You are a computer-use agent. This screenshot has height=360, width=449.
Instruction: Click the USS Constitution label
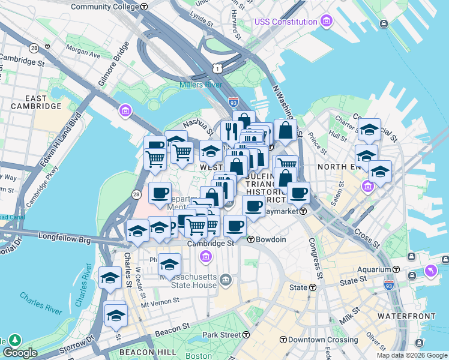click(286, 22)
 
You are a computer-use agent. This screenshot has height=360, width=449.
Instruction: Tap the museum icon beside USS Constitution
click(326, 22)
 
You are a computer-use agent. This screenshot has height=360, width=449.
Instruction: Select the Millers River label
click(200, 85)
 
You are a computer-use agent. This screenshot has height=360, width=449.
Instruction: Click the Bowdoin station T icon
click(251, 239)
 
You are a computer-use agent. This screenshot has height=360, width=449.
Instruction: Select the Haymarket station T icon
click(304, 211)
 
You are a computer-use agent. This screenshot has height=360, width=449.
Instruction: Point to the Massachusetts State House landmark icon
click(225, 279)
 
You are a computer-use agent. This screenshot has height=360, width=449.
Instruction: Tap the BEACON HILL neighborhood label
click(148, 352)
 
